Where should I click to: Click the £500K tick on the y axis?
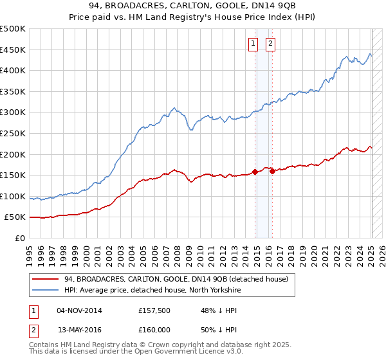pos(14,29)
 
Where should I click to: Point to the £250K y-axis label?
pos(14,133)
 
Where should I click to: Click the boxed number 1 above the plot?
pos(253,44)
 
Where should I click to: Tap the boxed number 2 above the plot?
pos(270,44)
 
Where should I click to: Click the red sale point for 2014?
pos(255,172)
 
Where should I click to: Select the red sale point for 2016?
pos(272,170)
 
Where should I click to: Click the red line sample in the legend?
pos(46,279)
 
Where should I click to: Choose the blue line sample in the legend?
pos(46,290)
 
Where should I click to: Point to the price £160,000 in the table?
pos(154,330)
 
